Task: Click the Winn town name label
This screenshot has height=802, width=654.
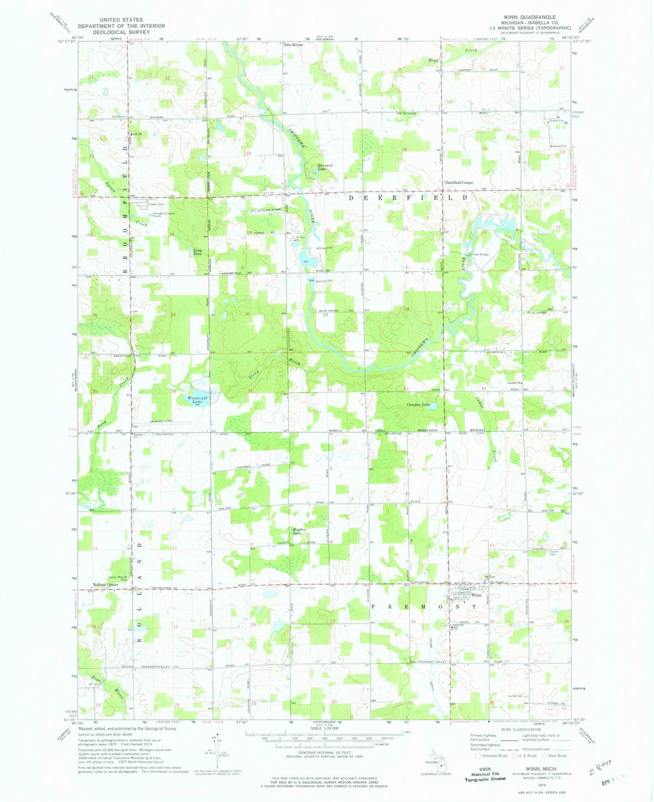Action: [478, 594]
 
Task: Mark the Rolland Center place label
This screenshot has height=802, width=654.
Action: [104, 585]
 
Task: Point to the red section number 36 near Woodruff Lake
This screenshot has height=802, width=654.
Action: [174, 392]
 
